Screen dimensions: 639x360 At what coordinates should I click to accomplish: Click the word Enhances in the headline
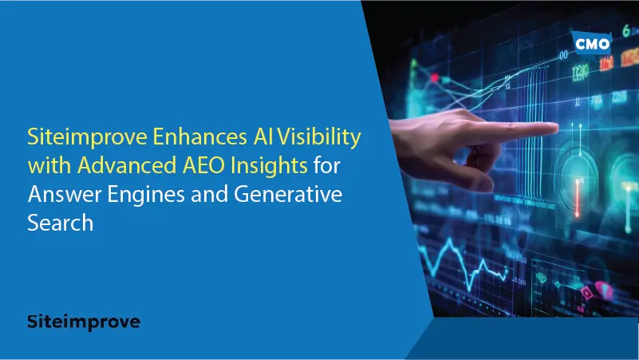tap(200, 136)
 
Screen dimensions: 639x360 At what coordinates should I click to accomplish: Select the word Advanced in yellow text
tap(127, 165)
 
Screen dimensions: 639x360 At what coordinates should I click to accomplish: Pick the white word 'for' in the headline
tap(327, 165)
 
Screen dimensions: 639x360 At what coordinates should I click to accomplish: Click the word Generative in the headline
tap(288, 194)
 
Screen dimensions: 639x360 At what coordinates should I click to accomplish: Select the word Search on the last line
tap(61, 223)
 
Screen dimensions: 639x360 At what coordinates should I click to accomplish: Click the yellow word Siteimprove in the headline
tap(87, 138)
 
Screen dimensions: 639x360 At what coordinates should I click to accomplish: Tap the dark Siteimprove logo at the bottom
tap(84, 322)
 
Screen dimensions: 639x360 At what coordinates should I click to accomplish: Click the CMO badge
tap(592, 43)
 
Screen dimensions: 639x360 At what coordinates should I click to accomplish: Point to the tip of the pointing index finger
tap(557, 128)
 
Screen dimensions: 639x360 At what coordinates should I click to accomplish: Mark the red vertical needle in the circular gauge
tap(578, 197)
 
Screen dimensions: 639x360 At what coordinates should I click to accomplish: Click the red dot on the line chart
tap(435, 77)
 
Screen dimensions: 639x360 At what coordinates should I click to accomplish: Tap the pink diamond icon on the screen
tap(586, 292)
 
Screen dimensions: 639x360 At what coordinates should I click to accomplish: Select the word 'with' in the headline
tap(49, 165)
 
